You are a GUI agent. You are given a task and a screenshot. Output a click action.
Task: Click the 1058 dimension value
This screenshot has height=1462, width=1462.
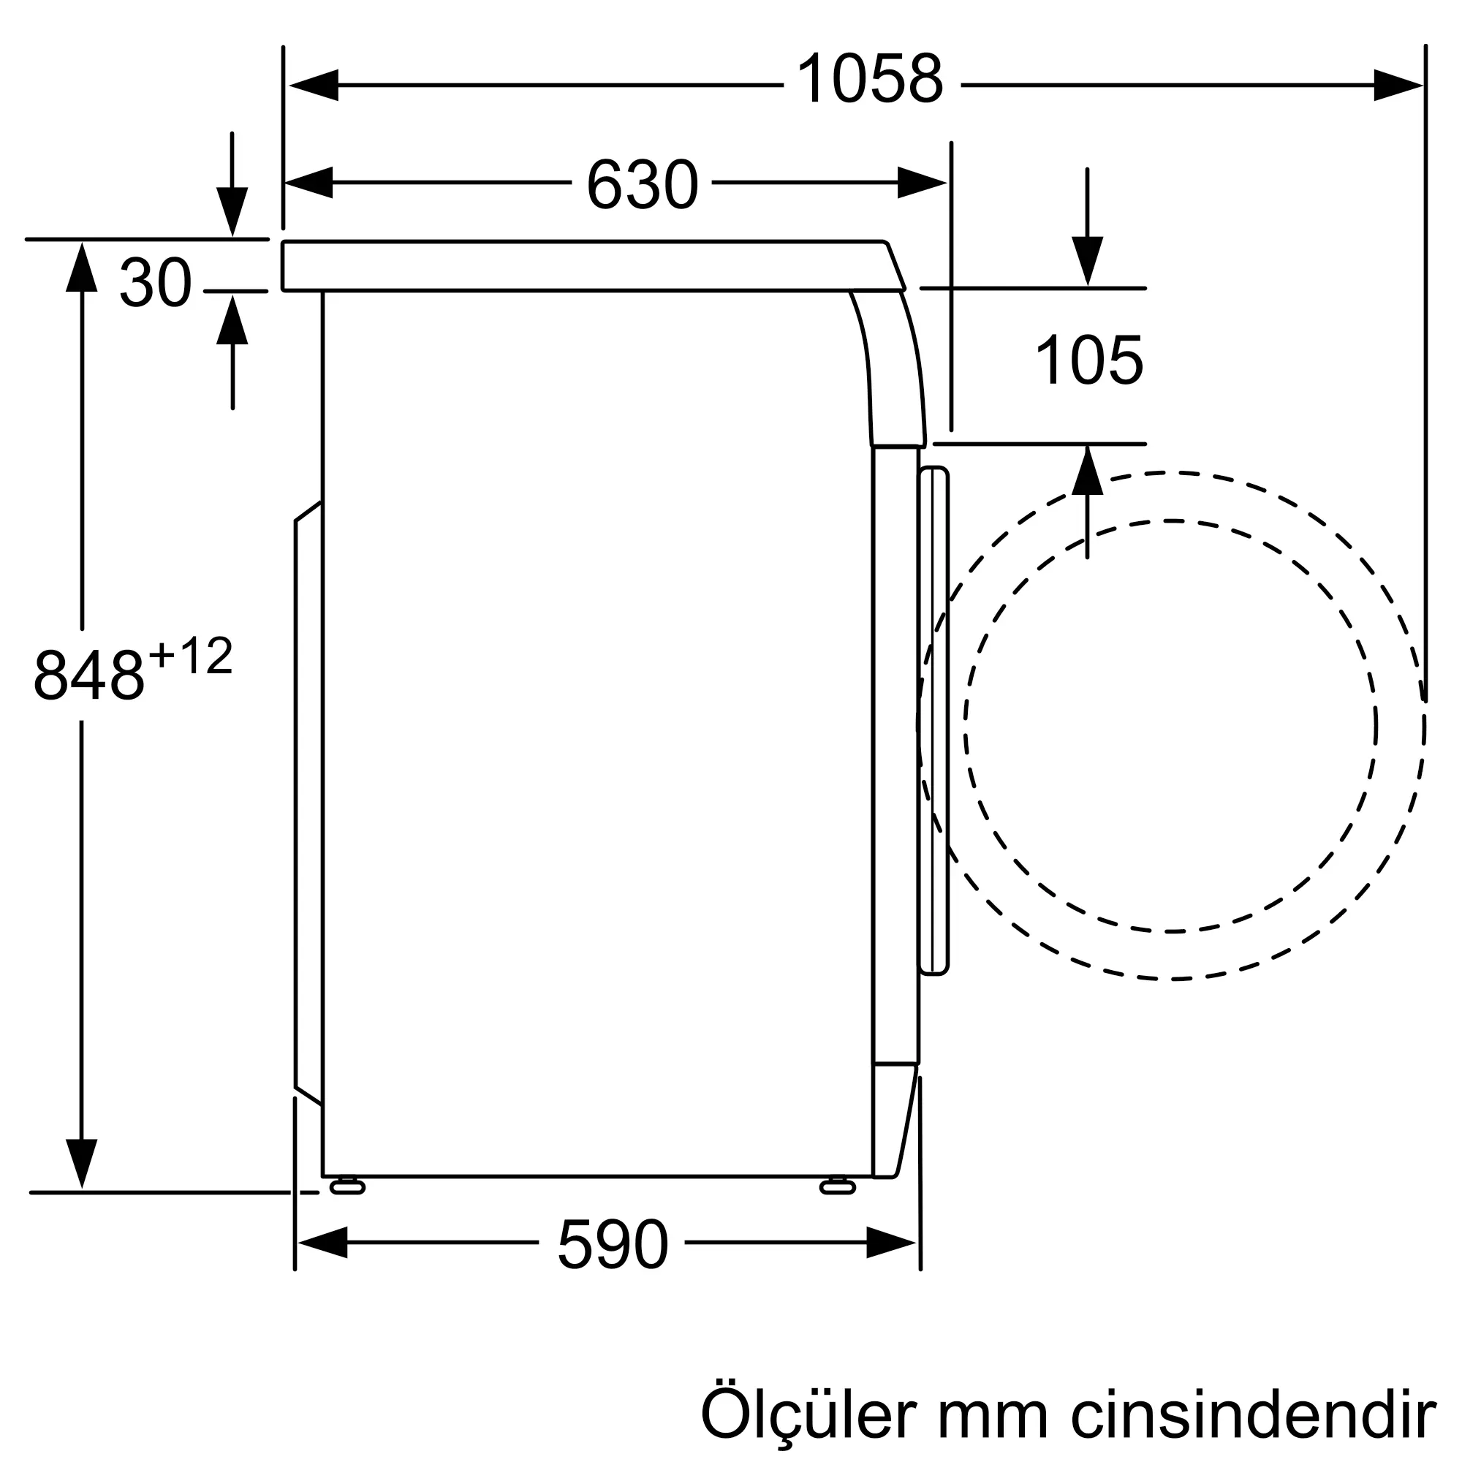[x=870, y=80]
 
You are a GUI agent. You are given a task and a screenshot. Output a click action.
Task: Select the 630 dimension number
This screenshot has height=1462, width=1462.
[x=642, y=184]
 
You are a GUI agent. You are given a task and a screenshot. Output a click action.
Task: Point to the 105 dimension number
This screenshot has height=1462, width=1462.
[x=1089, y=361]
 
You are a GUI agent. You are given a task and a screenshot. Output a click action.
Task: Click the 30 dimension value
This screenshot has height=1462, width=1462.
[x=155, y=282]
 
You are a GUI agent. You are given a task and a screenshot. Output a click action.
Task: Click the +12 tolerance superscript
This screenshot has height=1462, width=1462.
[x=191, y=655]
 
